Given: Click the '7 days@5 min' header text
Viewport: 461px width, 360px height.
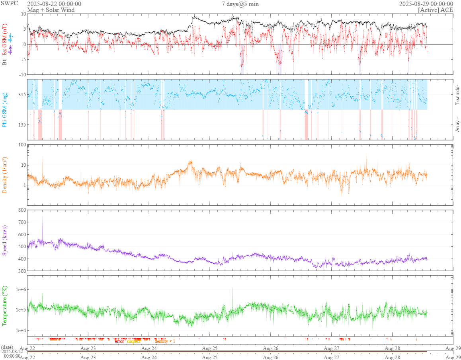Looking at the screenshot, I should point(240,4).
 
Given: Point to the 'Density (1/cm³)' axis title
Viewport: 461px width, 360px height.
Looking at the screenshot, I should point(5,175).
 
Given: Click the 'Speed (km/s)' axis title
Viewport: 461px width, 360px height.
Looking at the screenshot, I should point(5,240).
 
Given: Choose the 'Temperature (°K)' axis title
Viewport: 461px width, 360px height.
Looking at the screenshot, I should point(5,306).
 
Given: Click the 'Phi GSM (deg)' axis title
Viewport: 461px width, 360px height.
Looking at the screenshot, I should point(5,109).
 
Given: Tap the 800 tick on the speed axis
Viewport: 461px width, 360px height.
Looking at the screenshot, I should point(21,210).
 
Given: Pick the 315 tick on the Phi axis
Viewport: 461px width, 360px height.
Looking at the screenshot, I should point(21,95).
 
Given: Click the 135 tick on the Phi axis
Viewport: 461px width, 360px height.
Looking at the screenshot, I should point(21,125).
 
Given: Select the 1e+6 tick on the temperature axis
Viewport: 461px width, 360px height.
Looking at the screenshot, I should point(20,289).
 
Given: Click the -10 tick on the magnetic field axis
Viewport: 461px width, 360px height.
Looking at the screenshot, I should point(21,75).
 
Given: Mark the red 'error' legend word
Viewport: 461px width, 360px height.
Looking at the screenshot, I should point(119,341).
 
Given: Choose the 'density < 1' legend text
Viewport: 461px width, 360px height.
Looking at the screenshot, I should point(164,341).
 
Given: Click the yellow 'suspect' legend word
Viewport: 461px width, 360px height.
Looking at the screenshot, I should point(134,341).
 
